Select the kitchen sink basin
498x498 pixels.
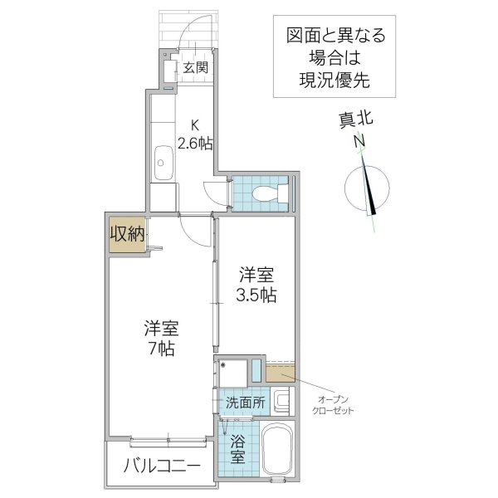click(x=163, y=158)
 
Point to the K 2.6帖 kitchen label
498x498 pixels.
click(x=195, y=134)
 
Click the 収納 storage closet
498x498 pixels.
click(x=127, y=234)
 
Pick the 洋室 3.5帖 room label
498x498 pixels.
click(x=257, y=284)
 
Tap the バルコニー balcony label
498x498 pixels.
click(x=162, y=466)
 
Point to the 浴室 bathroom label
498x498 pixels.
click(x=237, y=447)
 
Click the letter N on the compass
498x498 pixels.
click(x=359, y=142)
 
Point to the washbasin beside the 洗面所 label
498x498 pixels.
click(x=282, y=403)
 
